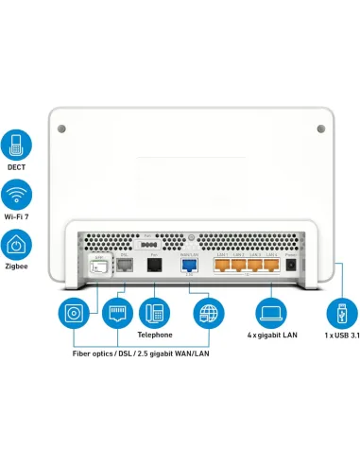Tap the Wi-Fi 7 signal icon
[x=16, y=197]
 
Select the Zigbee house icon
[x=16, y=247]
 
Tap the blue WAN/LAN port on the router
[x=188, y=266]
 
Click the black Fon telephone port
[x=153, y=266]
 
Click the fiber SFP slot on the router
[x=94, y=267]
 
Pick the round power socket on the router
[x=291, y=266]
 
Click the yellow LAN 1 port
[x=223, y=266]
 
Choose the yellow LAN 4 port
[x=272, y=266]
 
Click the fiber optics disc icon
[x=73, y=312]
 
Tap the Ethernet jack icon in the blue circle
[x=113, y=312]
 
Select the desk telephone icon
[x=154, y=312]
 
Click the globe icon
[x=207, y=312]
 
